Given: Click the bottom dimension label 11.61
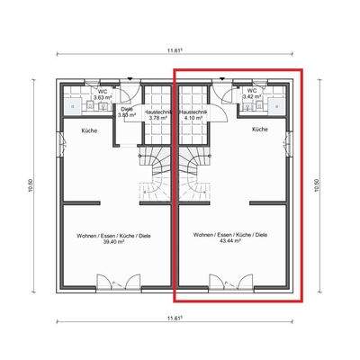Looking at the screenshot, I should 175,318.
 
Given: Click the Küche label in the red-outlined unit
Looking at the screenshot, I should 259,130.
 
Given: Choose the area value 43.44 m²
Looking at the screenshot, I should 230,242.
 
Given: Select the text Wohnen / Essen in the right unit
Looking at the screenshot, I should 212,235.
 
